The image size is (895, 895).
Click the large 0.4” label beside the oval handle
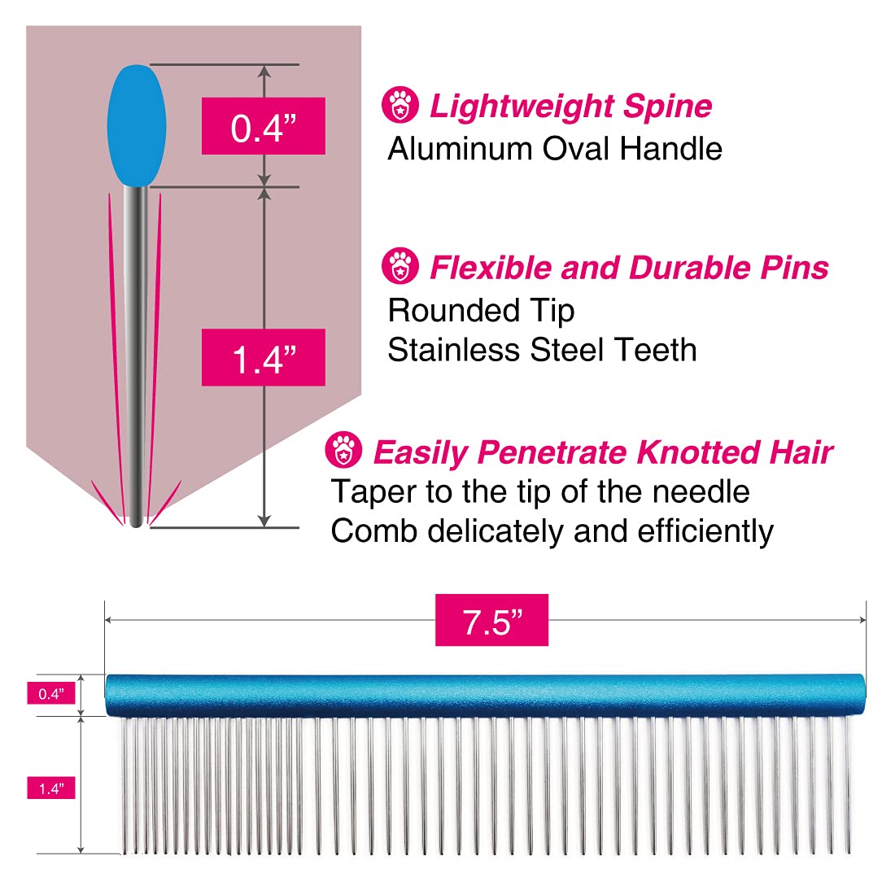click(263, 126)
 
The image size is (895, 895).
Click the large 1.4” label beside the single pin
click(263, 357)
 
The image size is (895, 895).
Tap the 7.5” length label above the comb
click(491, 620)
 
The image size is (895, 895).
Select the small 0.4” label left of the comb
click(51, 693)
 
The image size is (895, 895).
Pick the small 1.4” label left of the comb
click(51, 788)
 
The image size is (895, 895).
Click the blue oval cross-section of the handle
click(137, 125)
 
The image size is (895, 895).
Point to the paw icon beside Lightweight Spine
click(400, 105)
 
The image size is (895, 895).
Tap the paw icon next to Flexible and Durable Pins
click(400, 266)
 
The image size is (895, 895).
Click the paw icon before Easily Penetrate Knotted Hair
click(343, 450)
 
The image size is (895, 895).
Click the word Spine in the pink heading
click(667, 107)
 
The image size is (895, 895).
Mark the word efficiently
click(705, 531)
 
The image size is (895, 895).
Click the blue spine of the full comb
click(486, 695)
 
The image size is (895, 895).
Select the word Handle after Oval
click(671, 149)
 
